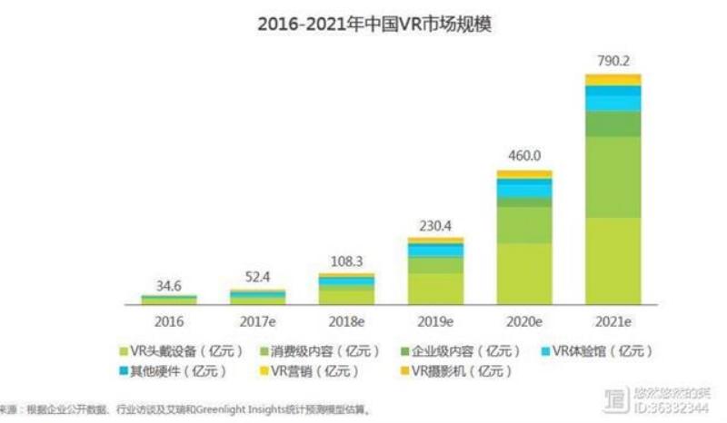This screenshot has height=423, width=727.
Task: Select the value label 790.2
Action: click(612, 63)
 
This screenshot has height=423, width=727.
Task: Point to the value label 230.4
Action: click(435, 223)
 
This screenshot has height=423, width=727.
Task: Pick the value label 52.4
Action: click(257, 276)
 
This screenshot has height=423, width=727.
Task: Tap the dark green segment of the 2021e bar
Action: click(612, 123)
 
